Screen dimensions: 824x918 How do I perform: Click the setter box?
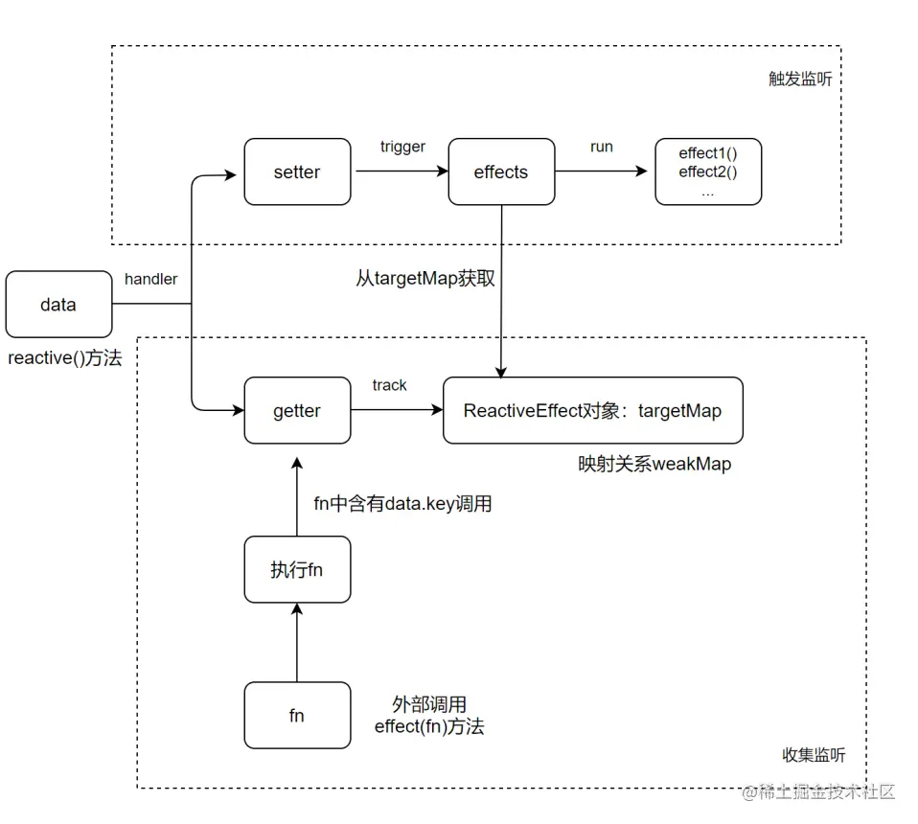(297, 172)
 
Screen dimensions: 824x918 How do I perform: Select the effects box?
(501, 172)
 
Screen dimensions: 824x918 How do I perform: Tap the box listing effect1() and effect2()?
(707, 172)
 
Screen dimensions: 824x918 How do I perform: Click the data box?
(58, 305)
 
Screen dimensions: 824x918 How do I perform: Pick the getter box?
(297, 410)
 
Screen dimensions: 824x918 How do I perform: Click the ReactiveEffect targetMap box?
(592, 410)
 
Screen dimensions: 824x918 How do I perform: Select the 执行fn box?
(297, 570)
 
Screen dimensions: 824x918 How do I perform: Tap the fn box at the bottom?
(297, 715)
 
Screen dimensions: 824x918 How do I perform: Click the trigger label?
(402, 147)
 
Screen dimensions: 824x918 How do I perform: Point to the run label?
(602, 147)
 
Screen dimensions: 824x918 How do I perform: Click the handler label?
(151, 279)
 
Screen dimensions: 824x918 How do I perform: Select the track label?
(389, 385)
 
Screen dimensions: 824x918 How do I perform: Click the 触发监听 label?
(800, 80)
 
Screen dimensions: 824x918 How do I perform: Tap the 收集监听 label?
(815, 755)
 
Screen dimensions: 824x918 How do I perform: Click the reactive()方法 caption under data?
(65, 359)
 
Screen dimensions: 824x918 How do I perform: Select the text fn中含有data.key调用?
(402, 503)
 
